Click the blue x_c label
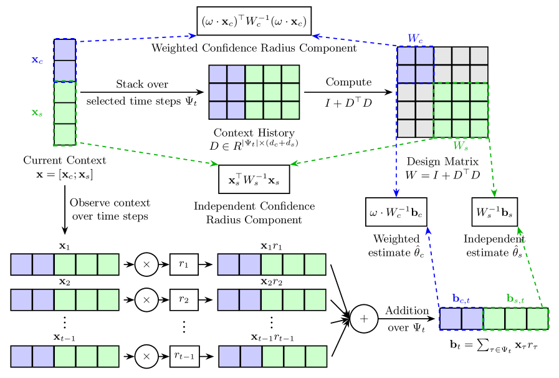[37, 61]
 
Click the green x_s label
[37, 113]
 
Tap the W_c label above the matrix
[415, 39]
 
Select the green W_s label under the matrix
[461, 146]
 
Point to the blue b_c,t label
[461, 299]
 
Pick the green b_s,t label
[515, 299]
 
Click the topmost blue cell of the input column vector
[65, 50]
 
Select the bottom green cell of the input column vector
[65, 134]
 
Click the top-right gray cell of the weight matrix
[479, 56]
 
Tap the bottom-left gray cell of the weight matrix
[406, 128]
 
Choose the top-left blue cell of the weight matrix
[406, 56]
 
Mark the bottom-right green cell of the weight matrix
[479, 128]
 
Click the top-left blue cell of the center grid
[217, 74]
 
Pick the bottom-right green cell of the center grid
[290, 110]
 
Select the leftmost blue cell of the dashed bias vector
[451, 319]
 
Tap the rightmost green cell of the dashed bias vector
[537, 319]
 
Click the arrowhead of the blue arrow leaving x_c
[194, 36]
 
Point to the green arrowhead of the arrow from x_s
[215, 164]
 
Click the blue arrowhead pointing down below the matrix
[396, 193]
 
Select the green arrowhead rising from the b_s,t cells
[519, 230]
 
